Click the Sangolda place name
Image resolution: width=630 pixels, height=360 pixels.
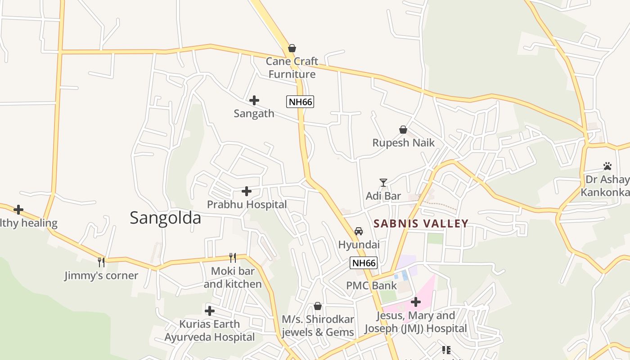165,218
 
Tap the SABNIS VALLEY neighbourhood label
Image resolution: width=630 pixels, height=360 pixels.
421,223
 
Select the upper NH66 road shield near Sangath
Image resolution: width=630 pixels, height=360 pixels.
300,102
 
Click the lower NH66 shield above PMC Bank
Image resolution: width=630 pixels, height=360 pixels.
364,263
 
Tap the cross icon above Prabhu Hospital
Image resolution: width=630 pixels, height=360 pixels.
247,191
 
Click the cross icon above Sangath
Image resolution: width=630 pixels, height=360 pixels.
254,100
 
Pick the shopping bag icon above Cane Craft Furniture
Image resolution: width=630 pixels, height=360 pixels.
292,48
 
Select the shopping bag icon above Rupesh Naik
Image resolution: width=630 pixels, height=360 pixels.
403,130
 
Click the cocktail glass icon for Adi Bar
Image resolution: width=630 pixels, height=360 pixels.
383,182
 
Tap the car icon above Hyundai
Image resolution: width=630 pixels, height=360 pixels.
359,231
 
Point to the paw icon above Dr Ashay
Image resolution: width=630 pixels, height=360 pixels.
607,166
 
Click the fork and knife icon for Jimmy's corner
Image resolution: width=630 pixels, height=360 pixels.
101,262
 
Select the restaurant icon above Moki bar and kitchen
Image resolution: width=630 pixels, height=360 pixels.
233,258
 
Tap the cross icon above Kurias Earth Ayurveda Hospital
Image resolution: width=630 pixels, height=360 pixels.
210,311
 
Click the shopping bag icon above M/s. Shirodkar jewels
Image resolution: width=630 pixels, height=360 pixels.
318,306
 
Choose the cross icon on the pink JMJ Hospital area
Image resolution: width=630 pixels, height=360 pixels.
416,302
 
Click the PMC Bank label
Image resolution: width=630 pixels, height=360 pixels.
371,285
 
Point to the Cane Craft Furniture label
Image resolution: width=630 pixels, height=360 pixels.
292,67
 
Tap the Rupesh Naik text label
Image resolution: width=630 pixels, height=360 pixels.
403,143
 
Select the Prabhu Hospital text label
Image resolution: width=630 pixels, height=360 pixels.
247,204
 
